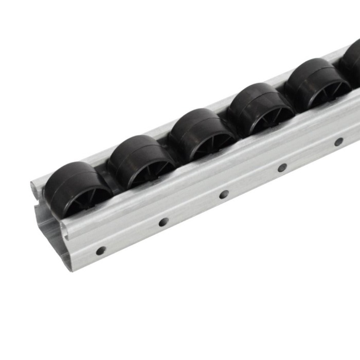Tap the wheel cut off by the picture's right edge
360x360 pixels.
pos(354,62)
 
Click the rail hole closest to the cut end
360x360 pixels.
pos(101,251)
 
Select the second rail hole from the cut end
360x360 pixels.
pos(164,222)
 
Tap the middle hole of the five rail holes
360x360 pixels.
pos(224,194)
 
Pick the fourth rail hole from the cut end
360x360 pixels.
pos(282,167)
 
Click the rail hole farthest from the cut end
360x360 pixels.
pos(338,141)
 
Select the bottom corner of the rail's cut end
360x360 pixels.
pos(72,268)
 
